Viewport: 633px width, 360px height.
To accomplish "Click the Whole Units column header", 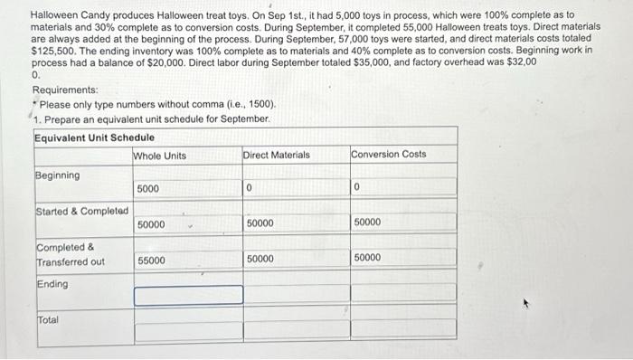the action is coord(160,156).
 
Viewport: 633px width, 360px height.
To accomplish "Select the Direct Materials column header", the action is coord(276,156).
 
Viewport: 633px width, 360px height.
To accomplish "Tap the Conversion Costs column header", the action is coord(389,155).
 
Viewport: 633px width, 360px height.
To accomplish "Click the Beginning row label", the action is coord(58,175).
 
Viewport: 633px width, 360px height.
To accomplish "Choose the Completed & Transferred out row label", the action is coord(71,254).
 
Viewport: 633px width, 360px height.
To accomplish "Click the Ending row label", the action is coord(52,284).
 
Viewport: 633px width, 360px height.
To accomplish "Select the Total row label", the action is coord(48,320).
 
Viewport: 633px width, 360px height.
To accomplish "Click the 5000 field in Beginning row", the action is coord(188,188).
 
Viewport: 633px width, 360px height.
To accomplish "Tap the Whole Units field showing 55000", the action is coord(188,260).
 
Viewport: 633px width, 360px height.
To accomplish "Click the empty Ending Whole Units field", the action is coord(188,295).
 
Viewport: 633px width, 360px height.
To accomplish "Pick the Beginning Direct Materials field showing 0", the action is coord(295,188).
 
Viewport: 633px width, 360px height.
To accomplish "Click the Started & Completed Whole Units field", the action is coord(188,223).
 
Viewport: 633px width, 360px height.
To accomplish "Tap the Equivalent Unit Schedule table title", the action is coord(94,137).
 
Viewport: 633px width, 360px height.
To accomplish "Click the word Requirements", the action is coord(65,90).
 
